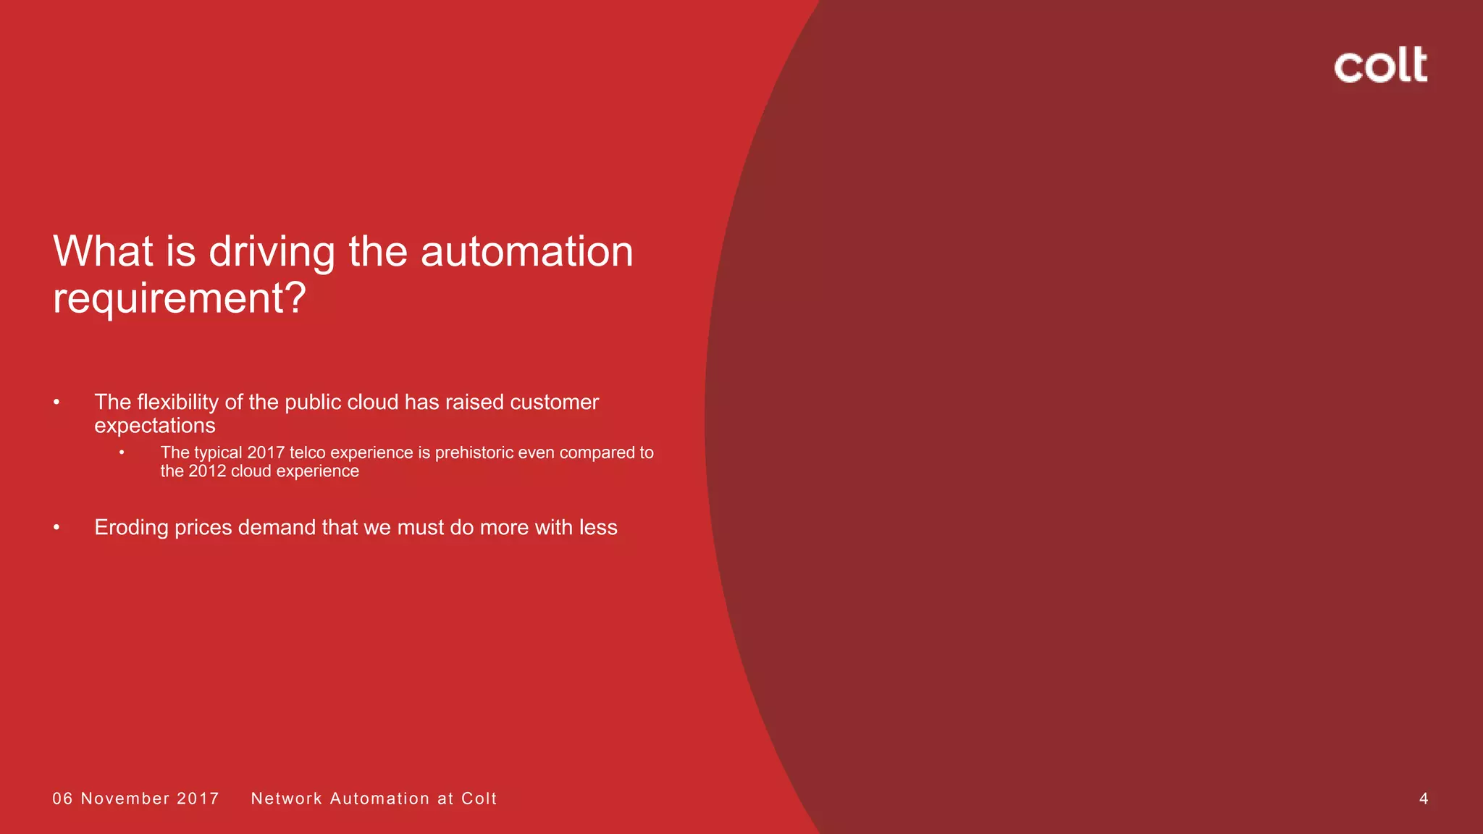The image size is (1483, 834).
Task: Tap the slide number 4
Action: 1423,799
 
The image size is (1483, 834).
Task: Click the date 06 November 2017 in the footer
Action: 136,799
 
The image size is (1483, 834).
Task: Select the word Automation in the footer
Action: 379,799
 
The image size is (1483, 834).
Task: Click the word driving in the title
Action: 272,252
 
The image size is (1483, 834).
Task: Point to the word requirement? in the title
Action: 180,298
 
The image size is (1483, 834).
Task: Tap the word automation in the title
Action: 526,252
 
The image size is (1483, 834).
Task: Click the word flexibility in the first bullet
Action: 177,402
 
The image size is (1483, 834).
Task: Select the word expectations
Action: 155,425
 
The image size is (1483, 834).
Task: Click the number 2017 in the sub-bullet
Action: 266,452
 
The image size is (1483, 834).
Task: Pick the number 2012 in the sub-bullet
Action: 207,471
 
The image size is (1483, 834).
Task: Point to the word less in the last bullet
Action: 597,527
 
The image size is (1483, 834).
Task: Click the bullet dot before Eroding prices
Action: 56,527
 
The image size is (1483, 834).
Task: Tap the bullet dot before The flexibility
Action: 56,402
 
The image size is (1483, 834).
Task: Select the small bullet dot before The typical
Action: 122,452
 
